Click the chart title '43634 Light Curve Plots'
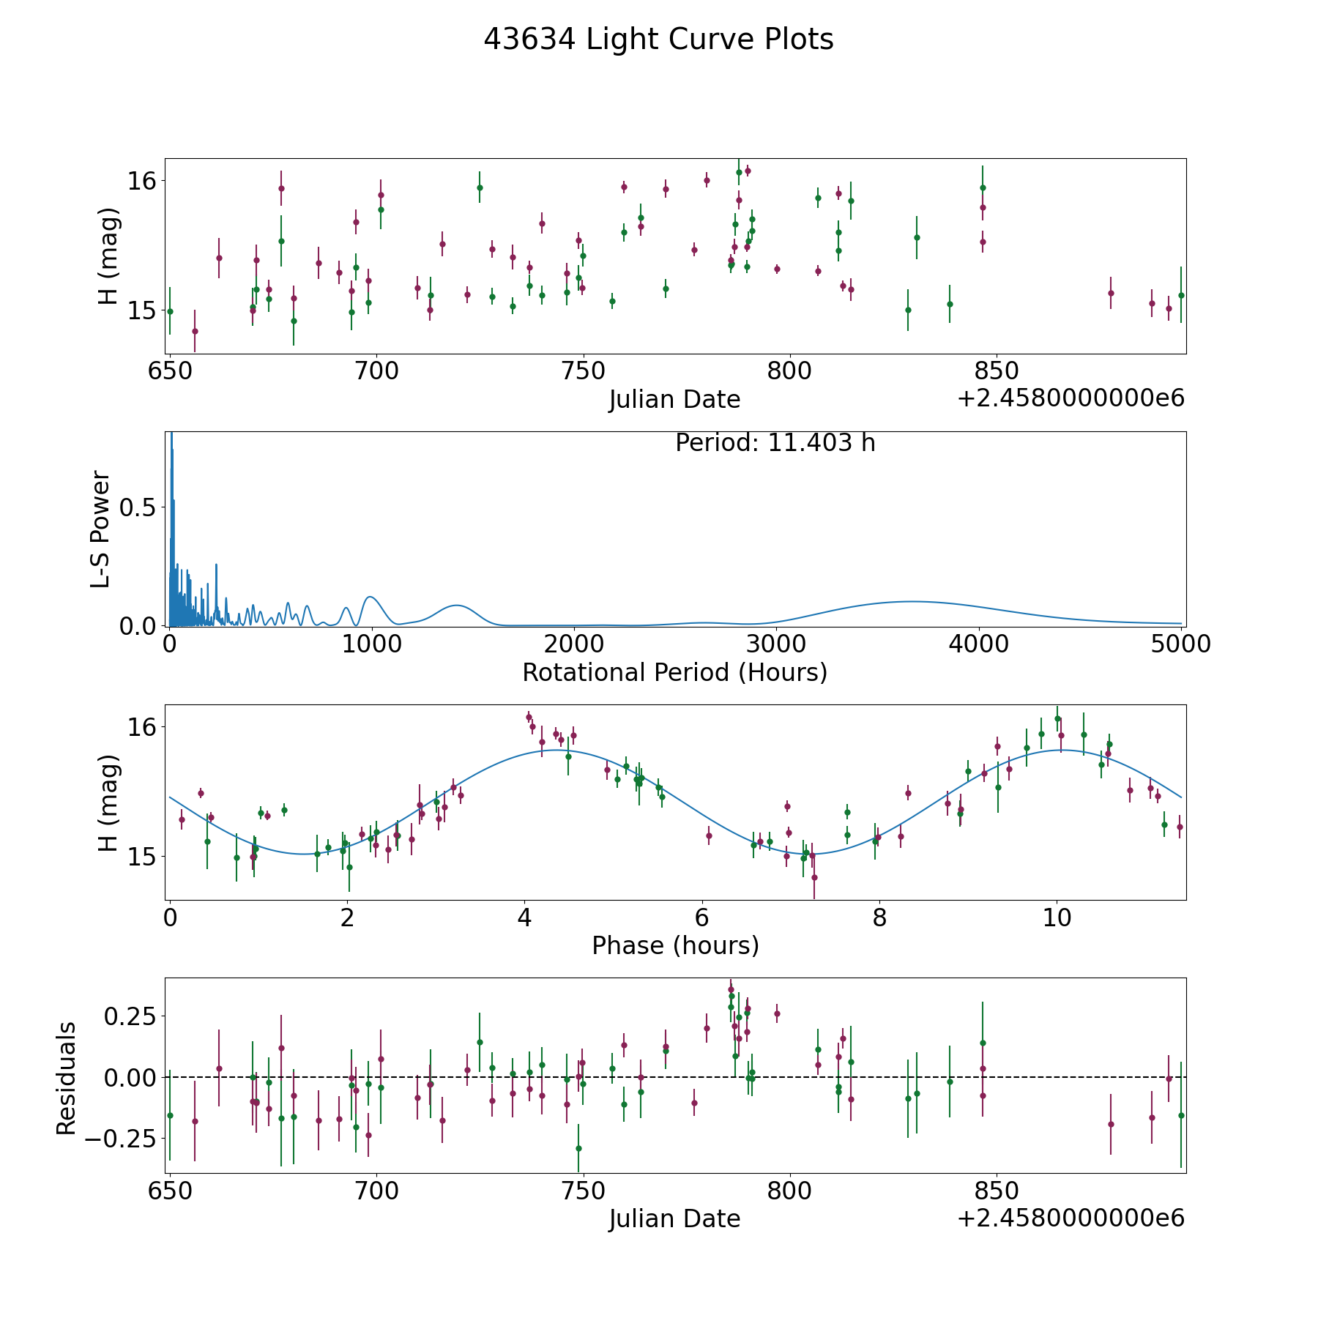point(658,40)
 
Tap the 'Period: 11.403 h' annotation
point(775,443)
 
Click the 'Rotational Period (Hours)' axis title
point(674,672)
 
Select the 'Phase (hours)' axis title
point(675,945)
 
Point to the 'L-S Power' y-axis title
point(101,529)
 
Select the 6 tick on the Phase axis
point(702,917)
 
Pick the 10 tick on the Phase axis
point(1057,917)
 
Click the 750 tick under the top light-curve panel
point(584,371)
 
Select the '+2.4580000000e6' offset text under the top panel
point(1071,398)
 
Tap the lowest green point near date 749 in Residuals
point(578,1148)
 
